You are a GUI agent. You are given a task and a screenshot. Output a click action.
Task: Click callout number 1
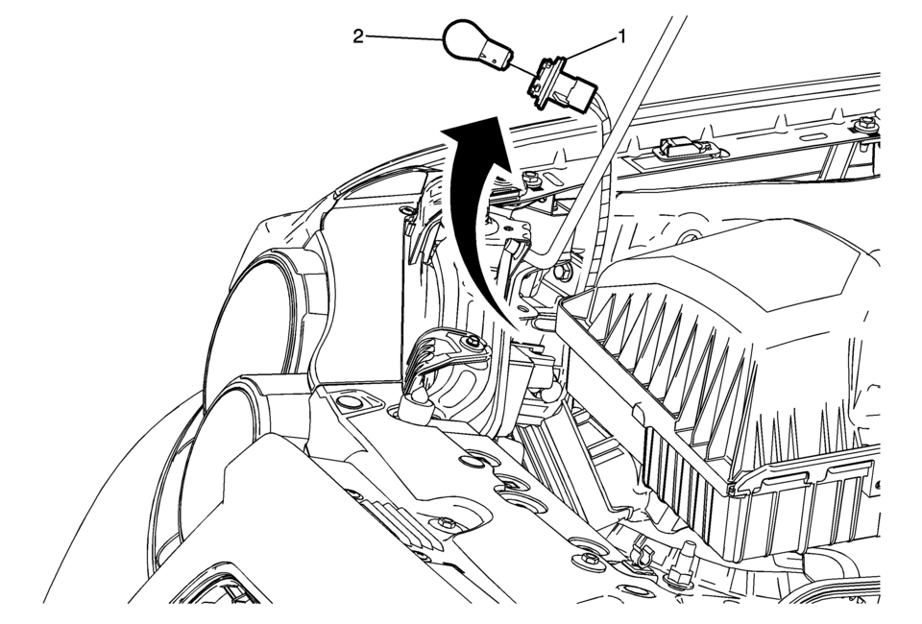619,37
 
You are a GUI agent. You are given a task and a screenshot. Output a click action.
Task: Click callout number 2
358,37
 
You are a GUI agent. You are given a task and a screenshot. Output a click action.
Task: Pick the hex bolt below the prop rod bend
562,272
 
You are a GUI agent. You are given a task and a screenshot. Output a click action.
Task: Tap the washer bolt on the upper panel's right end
864,125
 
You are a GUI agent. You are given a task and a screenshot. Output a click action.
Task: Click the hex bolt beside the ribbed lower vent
446,521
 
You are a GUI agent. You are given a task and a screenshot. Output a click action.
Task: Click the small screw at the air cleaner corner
732,488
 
